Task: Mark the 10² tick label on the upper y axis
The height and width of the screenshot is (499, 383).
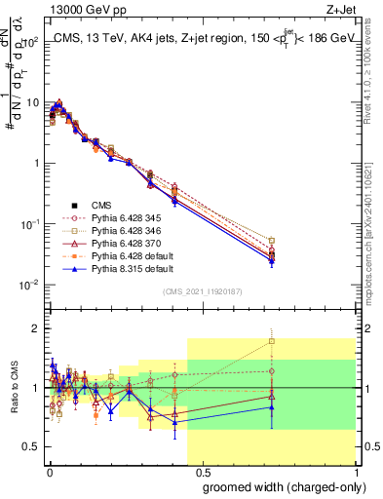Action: pos(32,42)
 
